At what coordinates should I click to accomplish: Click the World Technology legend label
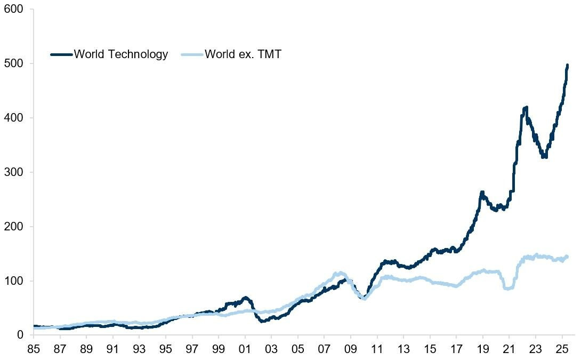pyautogui.click(x=121, y=54)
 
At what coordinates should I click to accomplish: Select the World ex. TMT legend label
pyautogui.click(x=243, y=54)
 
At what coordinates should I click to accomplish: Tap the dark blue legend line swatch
pyautogui.click(x=62, y=54)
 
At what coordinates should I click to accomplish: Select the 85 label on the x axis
pyautogui.click(x=34, y=349)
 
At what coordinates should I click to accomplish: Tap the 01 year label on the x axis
pyautogui.click(x=245, y=349)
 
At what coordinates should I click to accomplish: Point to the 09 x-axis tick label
pyautogui.click(x=351, y=349)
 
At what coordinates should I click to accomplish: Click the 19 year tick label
pyautogui.click(x=483, y=349)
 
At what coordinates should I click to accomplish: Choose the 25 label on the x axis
pyautogui.click(x=562, y=349)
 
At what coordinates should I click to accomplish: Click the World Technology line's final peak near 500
pyautogui.click(x=567, y=66)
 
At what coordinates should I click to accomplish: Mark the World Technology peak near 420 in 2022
pyautogui.click(x=526, y=108)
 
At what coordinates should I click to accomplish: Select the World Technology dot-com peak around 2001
pyautogui.click(x=245, y=298)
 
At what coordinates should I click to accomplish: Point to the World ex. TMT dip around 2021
pyautogui.click(x=508, y=289)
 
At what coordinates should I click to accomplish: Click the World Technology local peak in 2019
pyautogui.click(x=482, y=193)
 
